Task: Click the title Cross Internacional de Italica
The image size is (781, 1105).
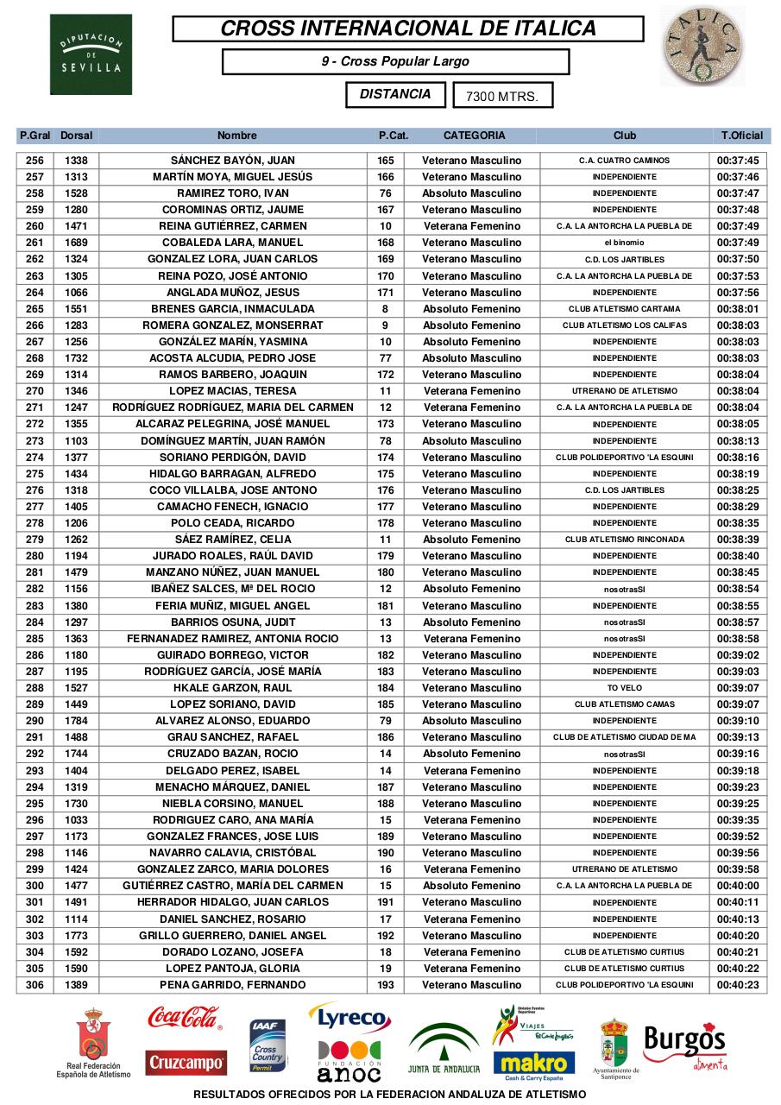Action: click(x=408, y=28)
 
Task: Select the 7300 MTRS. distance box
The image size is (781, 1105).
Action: click(x=502, y=96)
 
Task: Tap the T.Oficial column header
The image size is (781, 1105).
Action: click(x=741, y=136)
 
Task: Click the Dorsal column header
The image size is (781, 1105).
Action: click(x=77, y=136)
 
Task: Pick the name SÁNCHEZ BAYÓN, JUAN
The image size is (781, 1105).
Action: click(x=233, y=161)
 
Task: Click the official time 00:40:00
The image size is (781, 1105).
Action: click(x=738, y=886)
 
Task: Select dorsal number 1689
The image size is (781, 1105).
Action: click(x=77, y=243)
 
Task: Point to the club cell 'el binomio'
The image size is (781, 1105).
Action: click(x=624, y=243)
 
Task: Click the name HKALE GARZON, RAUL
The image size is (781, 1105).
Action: click(x=233, y=688)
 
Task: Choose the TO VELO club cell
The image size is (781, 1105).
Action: click(x=624, y=688)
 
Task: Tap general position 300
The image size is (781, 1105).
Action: click(x=35, y=886)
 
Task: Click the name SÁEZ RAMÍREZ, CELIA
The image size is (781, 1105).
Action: click(x=233, y=540)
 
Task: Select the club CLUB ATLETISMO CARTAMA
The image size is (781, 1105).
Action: click(x=624, y=309)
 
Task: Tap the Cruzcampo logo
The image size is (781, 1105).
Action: click(x=185, y=1063)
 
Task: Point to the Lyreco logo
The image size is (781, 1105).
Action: click(x=350, y=1020)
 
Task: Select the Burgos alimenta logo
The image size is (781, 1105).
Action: click(x=683, y=1045)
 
